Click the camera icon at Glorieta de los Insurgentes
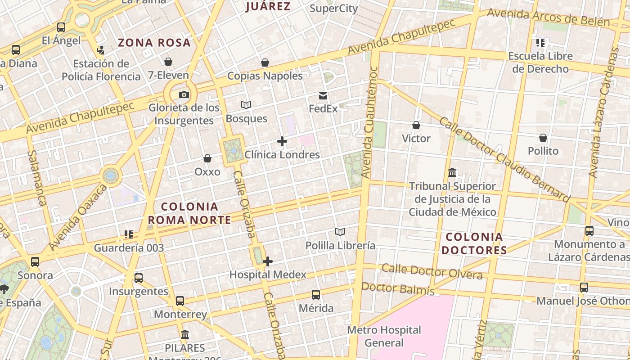tap(184, 94)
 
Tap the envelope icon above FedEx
tap(323, 95)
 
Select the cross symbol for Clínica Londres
tap(282, 141)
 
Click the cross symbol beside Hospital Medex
tap(268, 261)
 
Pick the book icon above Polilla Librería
tap(340, 232)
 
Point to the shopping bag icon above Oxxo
tap(207, 158)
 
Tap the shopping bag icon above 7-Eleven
tap(168, 62)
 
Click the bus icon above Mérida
tap(316, 295)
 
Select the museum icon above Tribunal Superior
tap(452, 172)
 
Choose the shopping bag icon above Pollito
tap(543, 138)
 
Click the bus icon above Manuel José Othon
tap(584, 287)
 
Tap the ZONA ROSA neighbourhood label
tap(154, 43)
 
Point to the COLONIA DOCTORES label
tap(474, 243)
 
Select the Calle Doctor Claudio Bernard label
tap(504, 160)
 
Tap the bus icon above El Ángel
tap(61, 27)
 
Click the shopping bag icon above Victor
tap(416, 125)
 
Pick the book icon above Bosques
tap(246, 105)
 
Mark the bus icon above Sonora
tap(35, 261)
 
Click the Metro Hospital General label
tap(384, 336)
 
